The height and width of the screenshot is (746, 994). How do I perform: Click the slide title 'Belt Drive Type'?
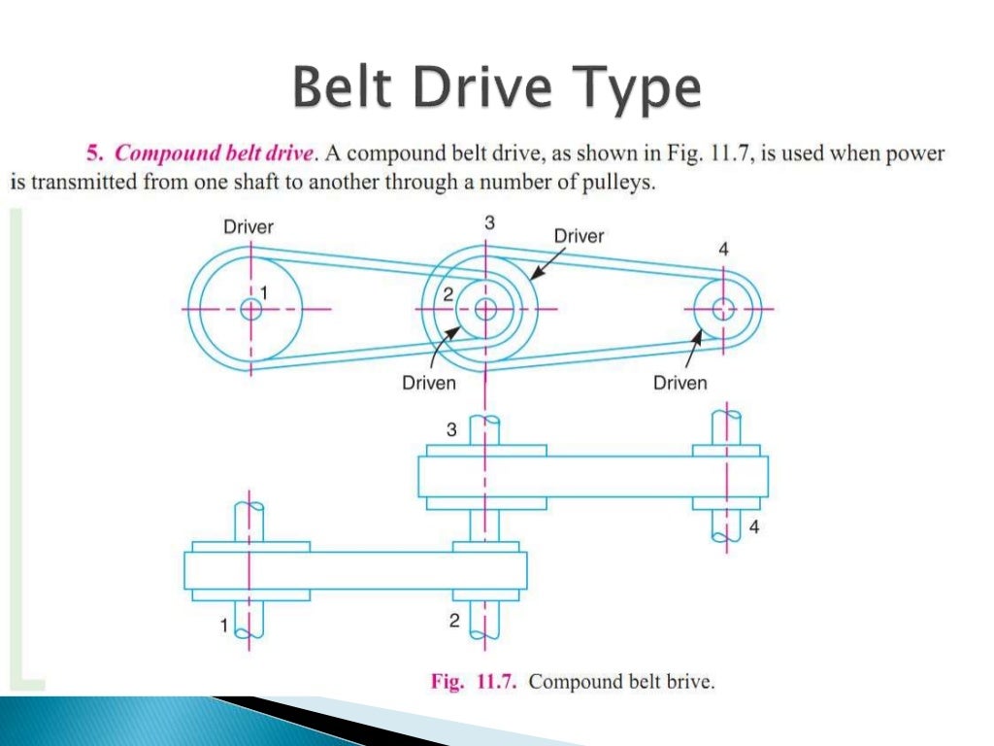tap(496, 90)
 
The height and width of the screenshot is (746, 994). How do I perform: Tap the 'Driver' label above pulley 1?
tap(248, 226)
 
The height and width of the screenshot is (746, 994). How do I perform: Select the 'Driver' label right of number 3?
tap(579, 235)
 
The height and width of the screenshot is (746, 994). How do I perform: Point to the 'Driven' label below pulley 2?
tap(429, 383)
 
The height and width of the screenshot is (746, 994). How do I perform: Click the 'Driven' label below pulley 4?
tap(679, 383)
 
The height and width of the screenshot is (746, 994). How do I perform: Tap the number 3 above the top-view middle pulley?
tap(489, 222)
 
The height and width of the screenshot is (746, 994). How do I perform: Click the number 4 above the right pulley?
tap(723, 250)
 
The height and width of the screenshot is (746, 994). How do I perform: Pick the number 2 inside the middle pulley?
tap(447, 295)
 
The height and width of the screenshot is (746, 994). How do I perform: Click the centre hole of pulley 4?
tap(722, 309)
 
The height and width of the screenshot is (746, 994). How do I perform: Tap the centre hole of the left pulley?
tap(251, 309)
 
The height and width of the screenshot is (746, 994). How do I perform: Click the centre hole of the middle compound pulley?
tap(484, 309)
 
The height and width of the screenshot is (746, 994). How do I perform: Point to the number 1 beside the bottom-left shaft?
tap(224, 627)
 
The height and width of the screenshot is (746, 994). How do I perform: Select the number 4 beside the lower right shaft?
tap(753, 528)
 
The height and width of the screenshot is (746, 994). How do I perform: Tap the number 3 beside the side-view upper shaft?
tap(451, 428)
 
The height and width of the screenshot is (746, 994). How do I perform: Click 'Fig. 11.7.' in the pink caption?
tap(476, 682)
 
